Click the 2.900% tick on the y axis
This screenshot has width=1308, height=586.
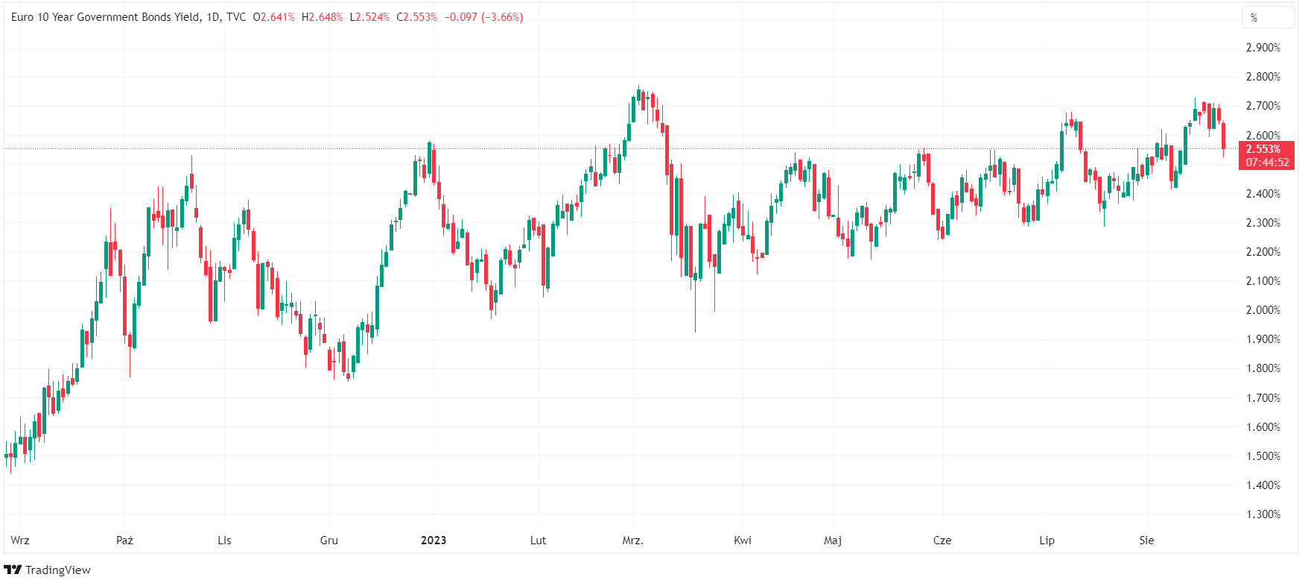click(1263, 48)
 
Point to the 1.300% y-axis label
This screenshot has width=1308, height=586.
click(1263, 514)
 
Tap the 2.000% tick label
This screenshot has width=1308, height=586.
click(1263, 310)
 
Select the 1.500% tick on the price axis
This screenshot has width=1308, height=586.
click(1263, 456)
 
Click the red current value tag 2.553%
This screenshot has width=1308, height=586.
click(1263, 149)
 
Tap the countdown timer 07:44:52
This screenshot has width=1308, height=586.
click(1267, 163)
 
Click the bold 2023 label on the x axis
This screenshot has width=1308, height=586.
click(434, 541)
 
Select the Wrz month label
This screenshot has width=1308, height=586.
click(20, 541)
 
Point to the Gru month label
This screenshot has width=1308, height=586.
click(328, 541)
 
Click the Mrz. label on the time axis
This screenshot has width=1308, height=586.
click(632, 541)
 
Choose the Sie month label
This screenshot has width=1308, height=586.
click(1146, 541)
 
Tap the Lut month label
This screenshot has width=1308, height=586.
click(538, 541)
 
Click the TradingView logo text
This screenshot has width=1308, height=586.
click(57, 570)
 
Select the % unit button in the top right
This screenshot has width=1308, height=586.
click(1254, 18)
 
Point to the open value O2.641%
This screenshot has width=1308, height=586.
click(273, 17)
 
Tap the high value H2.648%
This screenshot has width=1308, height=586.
click(322, 17)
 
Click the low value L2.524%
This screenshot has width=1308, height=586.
click(369, 17)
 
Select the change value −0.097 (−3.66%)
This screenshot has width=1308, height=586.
click(483, 17)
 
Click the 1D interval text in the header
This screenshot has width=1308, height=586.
click(213, 17)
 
